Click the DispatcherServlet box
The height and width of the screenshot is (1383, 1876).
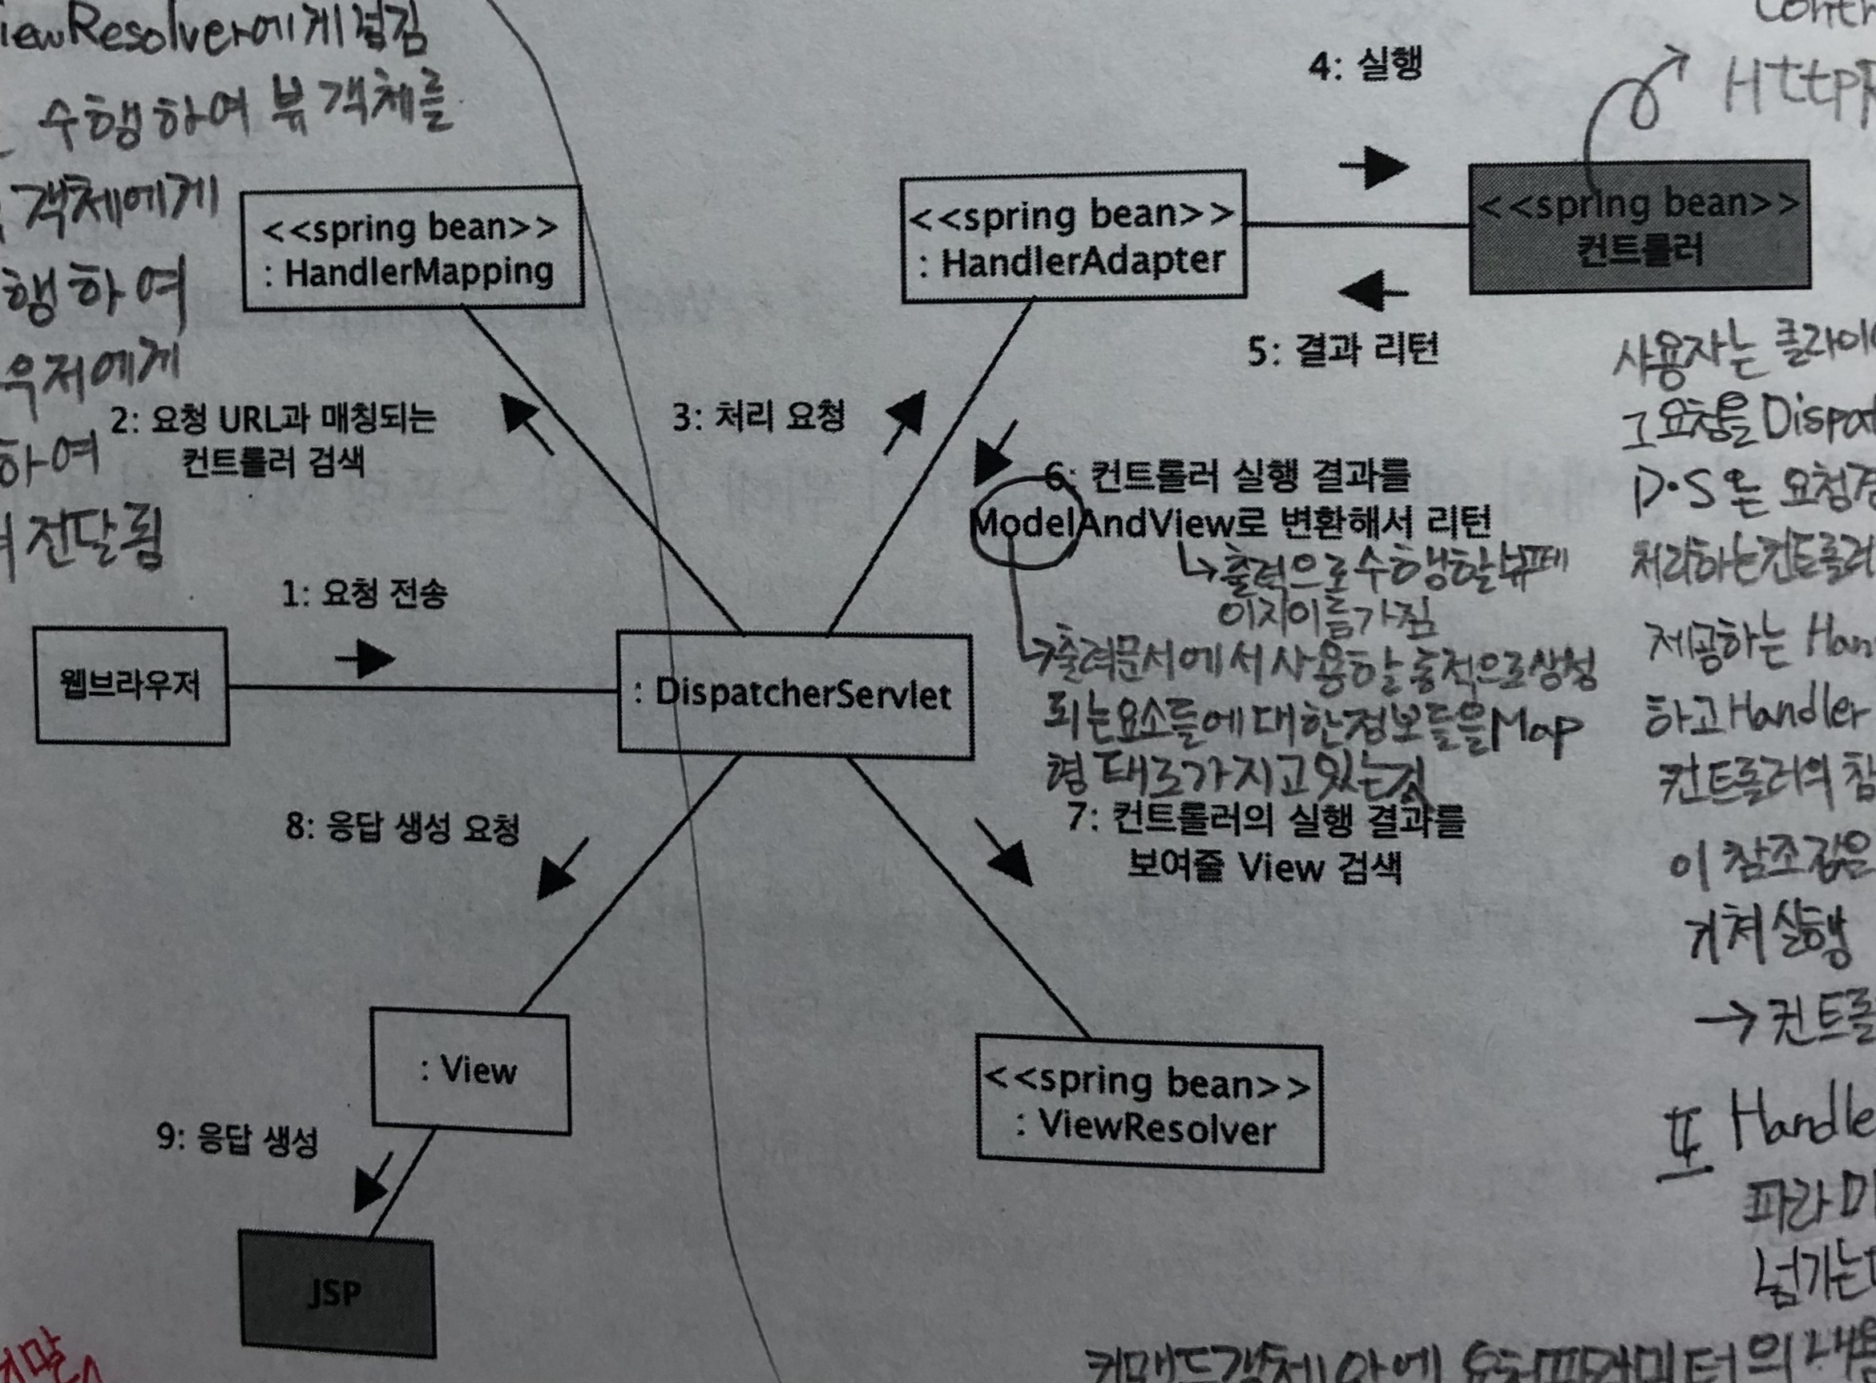pos(796,695)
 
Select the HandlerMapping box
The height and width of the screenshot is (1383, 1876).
pos(412,248)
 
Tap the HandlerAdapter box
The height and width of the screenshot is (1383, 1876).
pos(1073,237)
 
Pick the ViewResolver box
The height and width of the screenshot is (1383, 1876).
pos(1149,1106)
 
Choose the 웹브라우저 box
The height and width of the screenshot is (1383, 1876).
pos(131,685)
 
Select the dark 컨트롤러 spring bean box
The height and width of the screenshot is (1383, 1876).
pos(1639,227)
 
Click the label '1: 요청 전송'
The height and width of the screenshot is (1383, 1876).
pos(364,594)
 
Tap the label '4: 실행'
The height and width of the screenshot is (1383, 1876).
pos(1365,64)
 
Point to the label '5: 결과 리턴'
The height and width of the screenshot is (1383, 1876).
pos(1342,349)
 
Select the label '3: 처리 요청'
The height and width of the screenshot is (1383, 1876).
pos(759,416)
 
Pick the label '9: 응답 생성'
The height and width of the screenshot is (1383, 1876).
pos(237,1139)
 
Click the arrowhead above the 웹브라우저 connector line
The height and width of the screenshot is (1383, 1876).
pos(367,660)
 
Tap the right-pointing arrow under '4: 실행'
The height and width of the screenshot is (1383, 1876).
pos(1374,167)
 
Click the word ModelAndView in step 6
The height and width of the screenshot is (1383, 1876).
pos(1101,523)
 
